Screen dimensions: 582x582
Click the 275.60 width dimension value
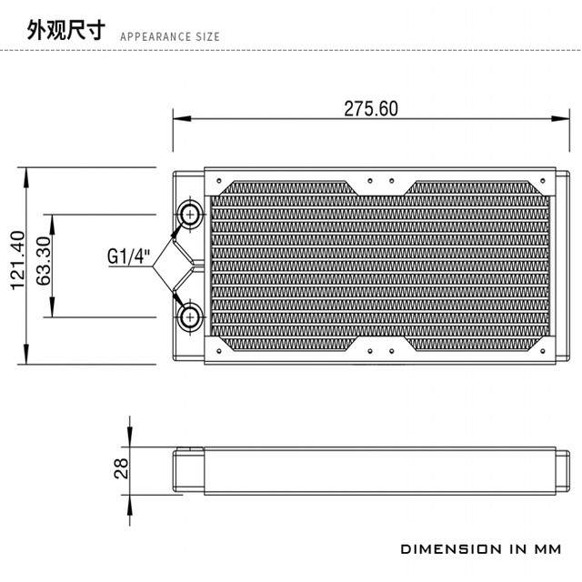click(x=370, y=108)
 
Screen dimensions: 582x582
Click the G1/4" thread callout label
click(x=127, y=257)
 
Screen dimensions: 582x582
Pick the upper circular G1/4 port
click(x=191, y=215)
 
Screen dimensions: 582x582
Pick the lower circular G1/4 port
click(x=191, y=316)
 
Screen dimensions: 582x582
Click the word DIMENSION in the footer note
click(x=449, y=549)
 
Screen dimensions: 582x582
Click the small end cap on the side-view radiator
click(x=188, y=469)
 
